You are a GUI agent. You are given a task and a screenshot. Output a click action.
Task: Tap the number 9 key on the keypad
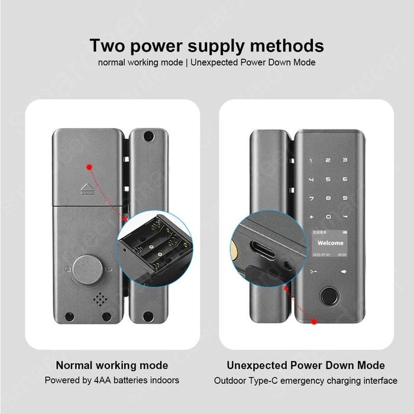pyautogui.click(x=344, y=199)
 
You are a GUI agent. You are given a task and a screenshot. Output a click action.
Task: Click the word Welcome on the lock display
pyautogui.click(x=330, y=242)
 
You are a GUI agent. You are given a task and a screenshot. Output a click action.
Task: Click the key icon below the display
pyautogui.click(x=313, y=272)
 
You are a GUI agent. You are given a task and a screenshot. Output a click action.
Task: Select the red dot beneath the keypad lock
pyautogui.click(x=314, y=321)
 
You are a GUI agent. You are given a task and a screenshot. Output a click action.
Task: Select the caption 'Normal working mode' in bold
pyautogui.click(x=112, y=365)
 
